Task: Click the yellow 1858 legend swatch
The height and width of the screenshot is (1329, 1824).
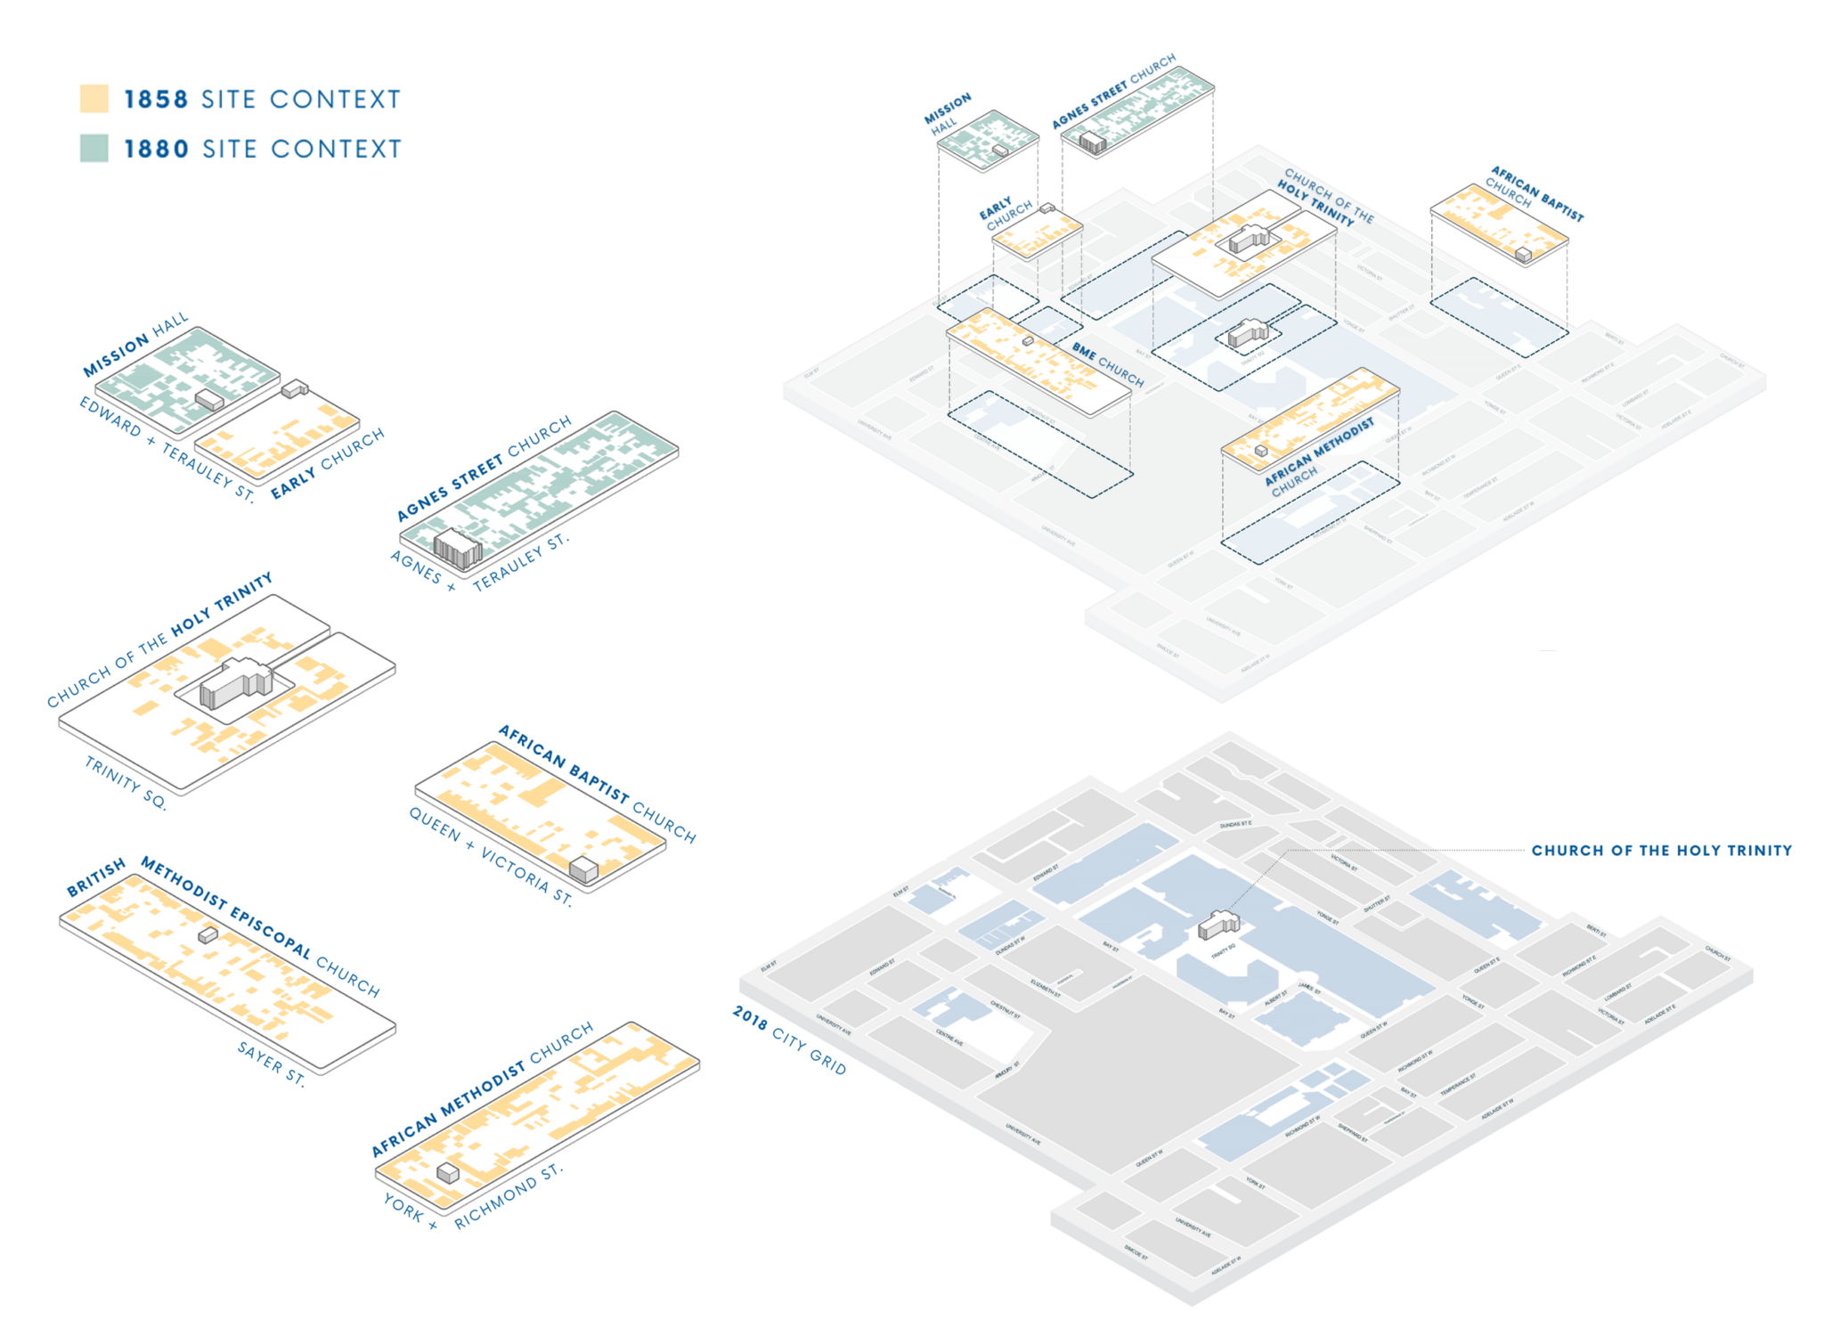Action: [94, 98]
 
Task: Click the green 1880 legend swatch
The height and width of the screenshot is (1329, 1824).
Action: [94, 148]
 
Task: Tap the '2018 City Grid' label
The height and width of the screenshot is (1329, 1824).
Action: [789, 1040]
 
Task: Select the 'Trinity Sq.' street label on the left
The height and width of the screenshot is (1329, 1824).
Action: [126, 782]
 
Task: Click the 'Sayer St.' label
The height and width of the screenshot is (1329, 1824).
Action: [272, 1064]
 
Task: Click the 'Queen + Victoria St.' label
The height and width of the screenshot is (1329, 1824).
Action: [490, 855]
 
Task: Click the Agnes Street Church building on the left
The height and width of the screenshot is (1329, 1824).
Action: [457, 549]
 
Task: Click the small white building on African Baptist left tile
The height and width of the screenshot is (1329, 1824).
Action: [583, 869]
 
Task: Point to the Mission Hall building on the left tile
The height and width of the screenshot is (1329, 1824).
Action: [209, 400]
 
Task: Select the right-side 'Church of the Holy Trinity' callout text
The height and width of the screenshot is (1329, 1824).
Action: [1661, 851]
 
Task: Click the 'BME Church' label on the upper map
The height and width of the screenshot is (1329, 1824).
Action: [1108, 364]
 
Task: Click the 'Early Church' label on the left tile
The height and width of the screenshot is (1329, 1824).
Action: [327, 462]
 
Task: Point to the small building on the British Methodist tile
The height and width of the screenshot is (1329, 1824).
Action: [208, 934]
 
